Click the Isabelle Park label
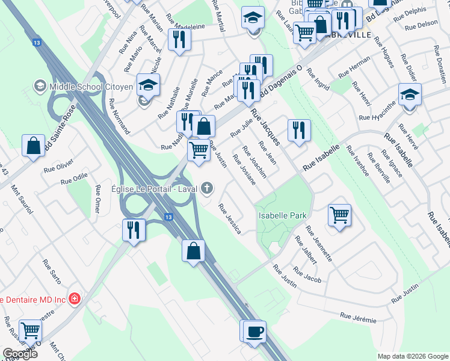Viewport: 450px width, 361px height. coord(282,215)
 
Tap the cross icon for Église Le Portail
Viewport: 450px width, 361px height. coord(207,189)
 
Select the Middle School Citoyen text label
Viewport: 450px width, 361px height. coord(91,86)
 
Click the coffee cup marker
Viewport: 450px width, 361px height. coord(255,331)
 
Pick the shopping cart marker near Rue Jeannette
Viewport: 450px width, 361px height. coord(340,215)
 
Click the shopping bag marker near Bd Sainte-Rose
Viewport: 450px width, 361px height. coord(34,146)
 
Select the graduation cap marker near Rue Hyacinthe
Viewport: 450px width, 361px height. coord(410,94)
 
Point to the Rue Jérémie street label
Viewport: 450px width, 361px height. coord(358,317)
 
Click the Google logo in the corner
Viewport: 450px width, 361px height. coord(20,354)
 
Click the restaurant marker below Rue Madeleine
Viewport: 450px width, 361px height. coord(179,40)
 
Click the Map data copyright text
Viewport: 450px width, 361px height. coord(412,356)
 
